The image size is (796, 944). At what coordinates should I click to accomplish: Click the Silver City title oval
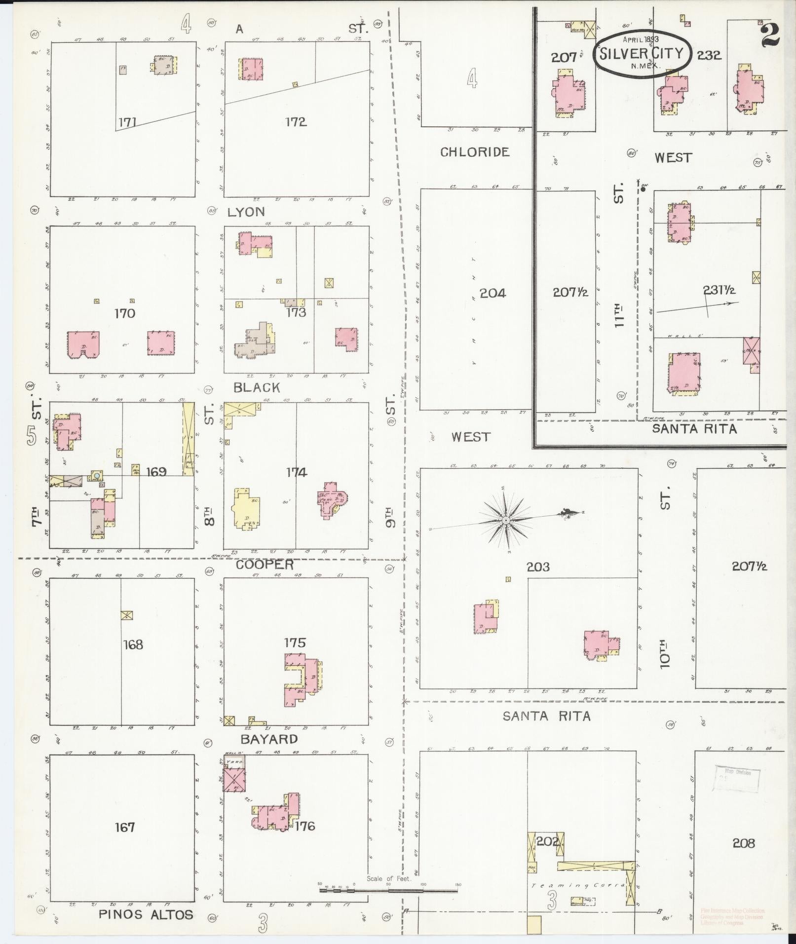[641, 53]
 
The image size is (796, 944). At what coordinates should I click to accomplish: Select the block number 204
[493, 293]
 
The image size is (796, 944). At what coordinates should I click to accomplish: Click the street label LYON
[246, 212]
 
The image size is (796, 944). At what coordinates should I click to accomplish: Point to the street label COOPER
[265, 565]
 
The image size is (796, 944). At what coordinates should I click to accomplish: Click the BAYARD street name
[269, 739]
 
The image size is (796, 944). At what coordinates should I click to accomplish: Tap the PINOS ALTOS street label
[146, 914]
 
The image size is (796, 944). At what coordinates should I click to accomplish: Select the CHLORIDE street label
[474, 152]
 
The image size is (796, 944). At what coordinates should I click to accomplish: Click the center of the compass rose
[506, 521]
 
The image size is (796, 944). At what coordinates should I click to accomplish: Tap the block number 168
[133, 644]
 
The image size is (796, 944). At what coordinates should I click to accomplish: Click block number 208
[743, 843]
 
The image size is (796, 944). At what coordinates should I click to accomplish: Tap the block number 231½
[720, 291]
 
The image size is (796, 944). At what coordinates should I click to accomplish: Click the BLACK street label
[257, 388]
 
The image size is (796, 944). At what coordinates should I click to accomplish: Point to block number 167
[125, 827]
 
